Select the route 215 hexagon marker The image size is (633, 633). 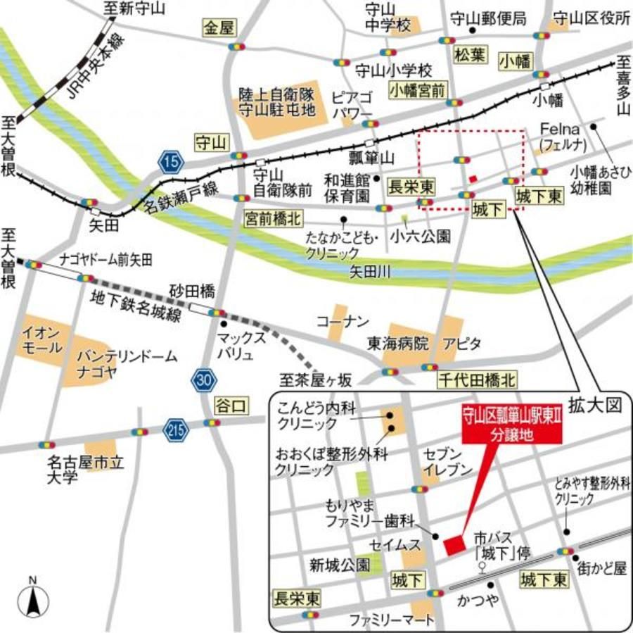[x=176, y=429]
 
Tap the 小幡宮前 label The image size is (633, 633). [x=418, y=89]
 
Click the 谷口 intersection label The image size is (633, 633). [x=230, y=404]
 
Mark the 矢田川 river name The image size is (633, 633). [x=371, y=270]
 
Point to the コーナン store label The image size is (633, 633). [x=343, y=322]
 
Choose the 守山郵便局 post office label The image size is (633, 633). [x=488, y=19]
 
